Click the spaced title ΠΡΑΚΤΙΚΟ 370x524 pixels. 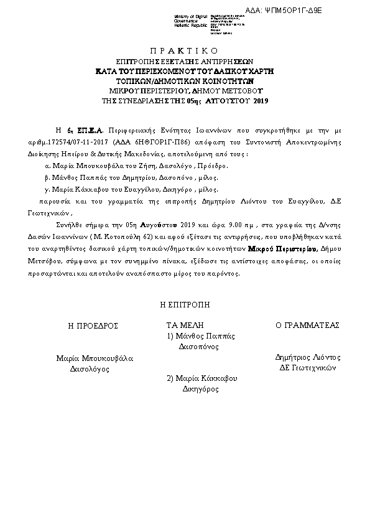pos(185,50)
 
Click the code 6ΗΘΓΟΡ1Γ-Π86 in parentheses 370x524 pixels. pos(157,141)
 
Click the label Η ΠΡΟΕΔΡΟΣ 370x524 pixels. pos(93,325)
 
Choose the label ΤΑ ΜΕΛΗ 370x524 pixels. pos(185,325)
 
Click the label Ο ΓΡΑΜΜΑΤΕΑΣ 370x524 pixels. pos(307,325)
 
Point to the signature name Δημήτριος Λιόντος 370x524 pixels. pos(308,357)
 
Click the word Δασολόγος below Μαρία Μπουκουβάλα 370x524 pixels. pos(90,368)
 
